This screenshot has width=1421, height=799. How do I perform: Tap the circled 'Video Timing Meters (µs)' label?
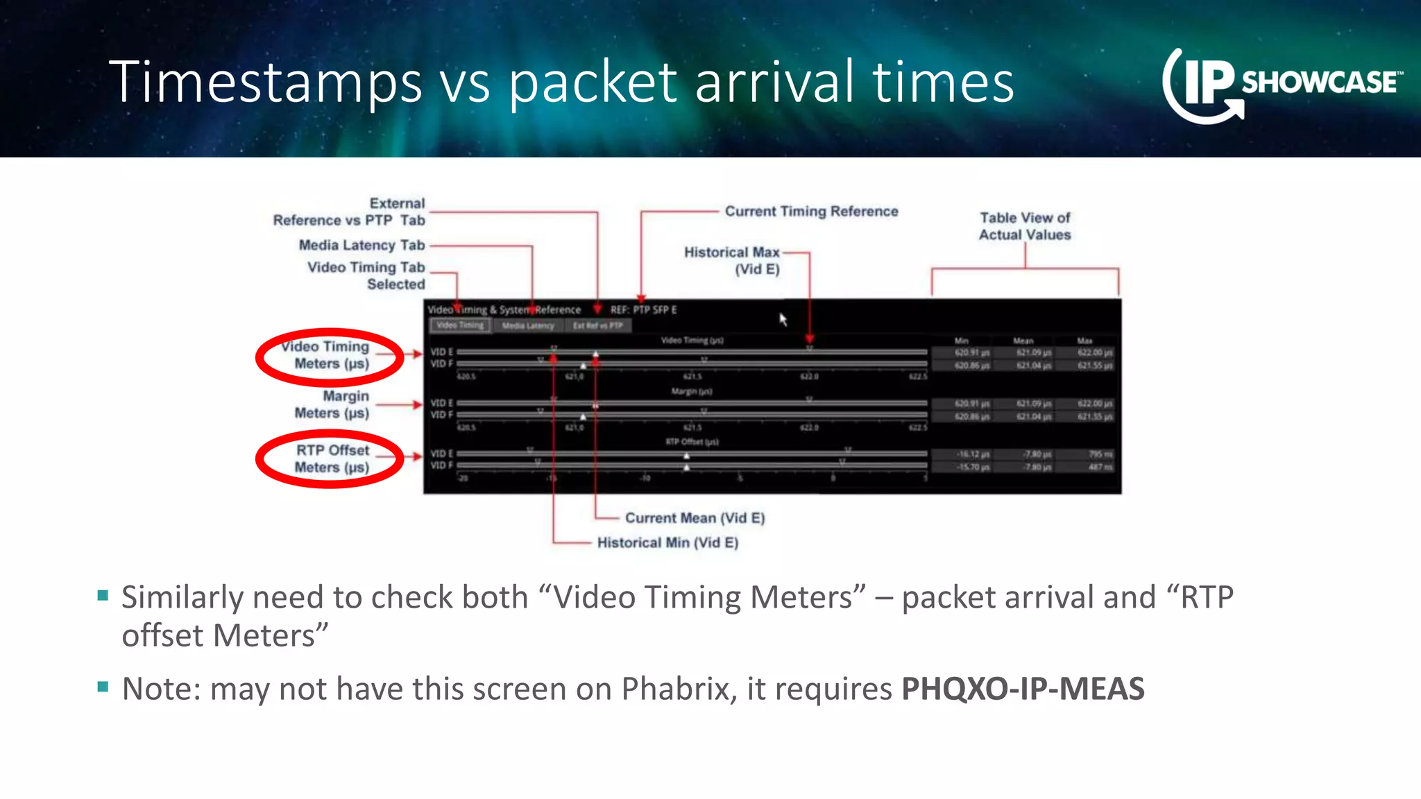[329, 355]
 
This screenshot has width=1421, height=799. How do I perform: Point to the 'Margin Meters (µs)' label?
[332, 404]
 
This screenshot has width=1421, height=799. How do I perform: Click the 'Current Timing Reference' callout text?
[811, 212]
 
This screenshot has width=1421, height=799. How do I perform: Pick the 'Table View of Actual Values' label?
[1025, 226]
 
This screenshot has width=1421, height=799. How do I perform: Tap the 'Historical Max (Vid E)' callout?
[733, 260]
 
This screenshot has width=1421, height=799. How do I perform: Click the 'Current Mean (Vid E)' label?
[695, 518]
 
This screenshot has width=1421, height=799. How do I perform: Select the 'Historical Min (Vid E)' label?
[667, 542]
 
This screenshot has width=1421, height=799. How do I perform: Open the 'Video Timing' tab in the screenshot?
[460, 325]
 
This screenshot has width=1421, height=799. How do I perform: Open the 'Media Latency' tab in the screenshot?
[528, 325]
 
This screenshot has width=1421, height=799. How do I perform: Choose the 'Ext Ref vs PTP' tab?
[597, 325]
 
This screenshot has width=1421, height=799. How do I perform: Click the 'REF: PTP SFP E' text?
[643, 310]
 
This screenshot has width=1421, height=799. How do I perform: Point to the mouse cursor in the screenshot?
[783, 319]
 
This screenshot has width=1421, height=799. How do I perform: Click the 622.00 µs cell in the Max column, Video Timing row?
[1094, 353]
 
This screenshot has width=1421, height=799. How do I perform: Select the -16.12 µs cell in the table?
[972, 454]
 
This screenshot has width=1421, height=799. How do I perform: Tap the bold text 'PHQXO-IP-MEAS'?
[1023, 689]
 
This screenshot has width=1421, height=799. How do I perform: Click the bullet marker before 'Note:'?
[103, 687]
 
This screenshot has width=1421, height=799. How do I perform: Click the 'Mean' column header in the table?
[1023, 341]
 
